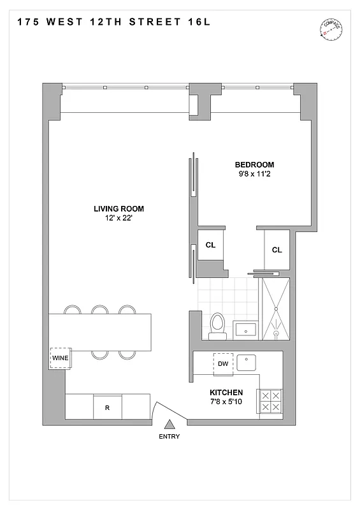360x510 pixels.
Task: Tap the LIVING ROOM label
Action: [119, 208]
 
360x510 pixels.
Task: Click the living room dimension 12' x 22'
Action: [119, 218]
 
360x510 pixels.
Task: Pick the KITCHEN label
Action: [226, 393]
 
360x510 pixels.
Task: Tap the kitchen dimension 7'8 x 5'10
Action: [226, 402]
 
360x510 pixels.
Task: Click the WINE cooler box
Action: [61, 358]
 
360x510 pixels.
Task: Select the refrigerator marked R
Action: [108, 407]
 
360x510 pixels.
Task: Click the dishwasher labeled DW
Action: [223, 363]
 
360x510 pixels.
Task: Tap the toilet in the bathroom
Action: [217, 324]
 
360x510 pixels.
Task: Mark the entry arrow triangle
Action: [169, 425]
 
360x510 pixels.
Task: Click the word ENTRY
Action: [169, 437]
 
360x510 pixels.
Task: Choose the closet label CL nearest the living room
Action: [210, 244]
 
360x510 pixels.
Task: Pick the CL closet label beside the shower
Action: [277, 250]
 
